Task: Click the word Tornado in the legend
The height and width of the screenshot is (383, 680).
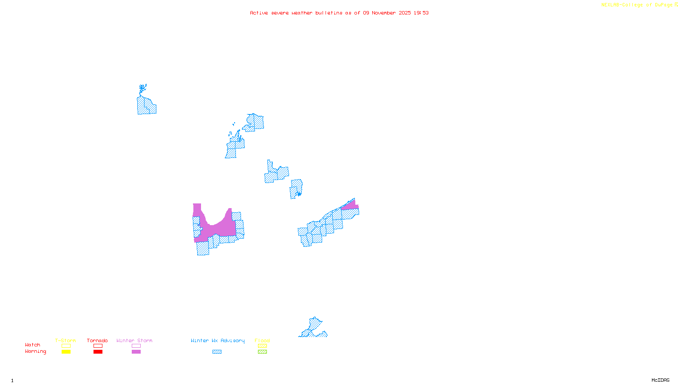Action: click(x=97, y=340)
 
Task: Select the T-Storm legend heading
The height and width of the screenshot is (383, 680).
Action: click(x=65, y=340)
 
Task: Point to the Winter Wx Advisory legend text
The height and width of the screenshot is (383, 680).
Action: click(x=218, y=340)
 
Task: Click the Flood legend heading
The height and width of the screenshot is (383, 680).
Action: click(x=262, y=340)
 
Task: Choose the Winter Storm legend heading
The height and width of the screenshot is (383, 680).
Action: click(x=134, y=340)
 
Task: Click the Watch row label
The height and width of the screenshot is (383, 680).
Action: click(x=33, y=345)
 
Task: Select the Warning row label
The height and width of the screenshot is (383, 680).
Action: click(x=36, y=352)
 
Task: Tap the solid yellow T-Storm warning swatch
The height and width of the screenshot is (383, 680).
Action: click(x=66, y=352)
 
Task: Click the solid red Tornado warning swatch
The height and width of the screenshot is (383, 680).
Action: click(x=98, y=352)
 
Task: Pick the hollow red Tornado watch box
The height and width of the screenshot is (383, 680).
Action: click(x=98, y=346)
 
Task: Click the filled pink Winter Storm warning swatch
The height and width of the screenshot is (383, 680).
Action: click(x=136, y=352)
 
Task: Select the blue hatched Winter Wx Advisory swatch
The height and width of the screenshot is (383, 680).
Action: click(x=217, y=352)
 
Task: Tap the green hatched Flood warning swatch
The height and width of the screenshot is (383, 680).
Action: click(x=262, y=352)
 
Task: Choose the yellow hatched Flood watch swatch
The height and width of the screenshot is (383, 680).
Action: click(x=262, y=346)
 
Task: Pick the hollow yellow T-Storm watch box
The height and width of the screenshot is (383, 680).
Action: click(x=66, y=346)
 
